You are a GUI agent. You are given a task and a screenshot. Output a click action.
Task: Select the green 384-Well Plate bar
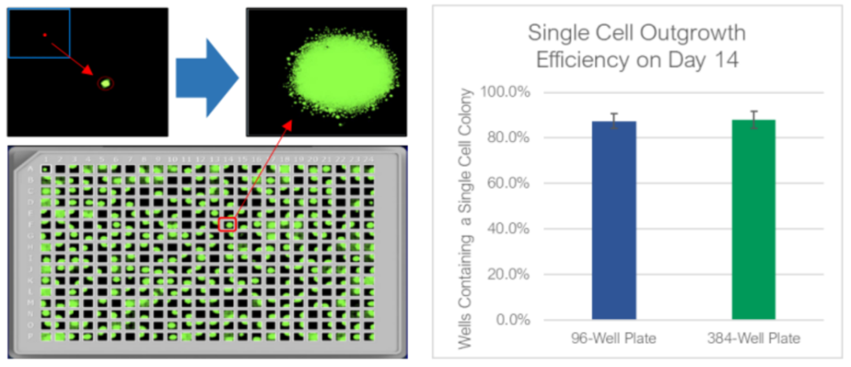[x=753, y=220]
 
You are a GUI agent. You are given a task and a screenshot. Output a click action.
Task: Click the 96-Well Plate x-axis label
[x=614, y=339]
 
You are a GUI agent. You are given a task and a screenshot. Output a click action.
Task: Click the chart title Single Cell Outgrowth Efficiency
[x=635, y=46]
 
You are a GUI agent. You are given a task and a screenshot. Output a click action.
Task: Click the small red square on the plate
[x=228, y=225]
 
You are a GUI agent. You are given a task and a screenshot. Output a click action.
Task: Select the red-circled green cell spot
[x=105, y=82]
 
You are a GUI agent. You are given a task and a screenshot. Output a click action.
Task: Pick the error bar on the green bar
[x=753, y=119]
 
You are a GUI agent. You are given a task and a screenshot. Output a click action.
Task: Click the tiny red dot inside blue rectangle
[x=45, y=35]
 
